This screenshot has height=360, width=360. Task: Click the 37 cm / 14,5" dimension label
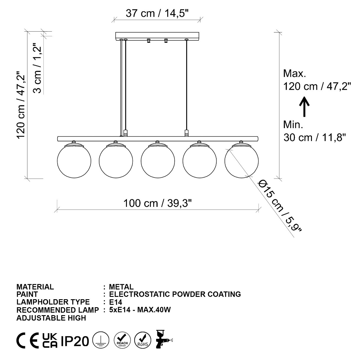(157, 13)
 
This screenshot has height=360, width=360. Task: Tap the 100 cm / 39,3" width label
(158, 203)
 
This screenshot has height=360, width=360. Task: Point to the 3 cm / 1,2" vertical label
(37, 68)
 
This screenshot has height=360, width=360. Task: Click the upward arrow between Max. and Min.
(304, 107)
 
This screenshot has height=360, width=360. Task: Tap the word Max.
(294, 73)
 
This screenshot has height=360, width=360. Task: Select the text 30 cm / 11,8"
(315, 138)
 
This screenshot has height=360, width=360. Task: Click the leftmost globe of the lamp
(74, 161)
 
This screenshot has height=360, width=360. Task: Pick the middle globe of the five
(158, 161)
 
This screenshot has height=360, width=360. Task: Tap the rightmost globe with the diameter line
(241, 161)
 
